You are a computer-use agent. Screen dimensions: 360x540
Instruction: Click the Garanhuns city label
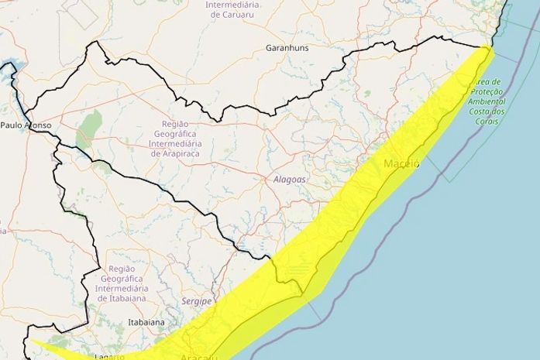pyautogui.click(x=286, y=47)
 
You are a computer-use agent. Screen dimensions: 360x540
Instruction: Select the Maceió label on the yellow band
pyautogui.click(x=401, y=164)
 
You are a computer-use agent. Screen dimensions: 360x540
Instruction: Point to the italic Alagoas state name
pyautogui.click(x=291, y=180)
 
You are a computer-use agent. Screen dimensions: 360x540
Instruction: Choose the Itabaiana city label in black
pyautogui.click(x=146, y=322)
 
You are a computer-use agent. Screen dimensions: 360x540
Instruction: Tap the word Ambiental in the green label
pyautogui.click(x=488, y=101)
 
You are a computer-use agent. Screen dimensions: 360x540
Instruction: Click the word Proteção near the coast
pyautogui.click(x=487, y=91)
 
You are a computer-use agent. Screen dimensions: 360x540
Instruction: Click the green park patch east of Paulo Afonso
pyautogui.click(x=91, y=128)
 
